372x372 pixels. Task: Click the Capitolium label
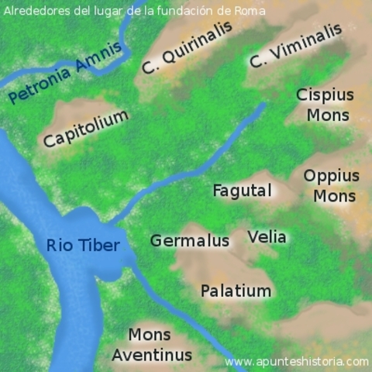(x=85, y=129)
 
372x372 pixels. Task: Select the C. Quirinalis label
(x=187, y=48)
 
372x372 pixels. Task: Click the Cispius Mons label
(x=324, y=105)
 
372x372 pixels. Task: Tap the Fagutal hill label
(x=243, y=190)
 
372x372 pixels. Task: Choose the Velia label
(x=267, y=236)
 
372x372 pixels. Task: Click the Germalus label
(x=190, y=240)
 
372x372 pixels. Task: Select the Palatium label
(x=236, y=291)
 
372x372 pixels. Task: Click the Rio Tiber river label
(x=83, y=246)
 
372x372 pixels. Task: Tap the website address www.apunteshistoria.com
(x=296, y=361)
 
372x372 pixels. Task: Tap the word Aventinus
(x=151, y=355)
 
